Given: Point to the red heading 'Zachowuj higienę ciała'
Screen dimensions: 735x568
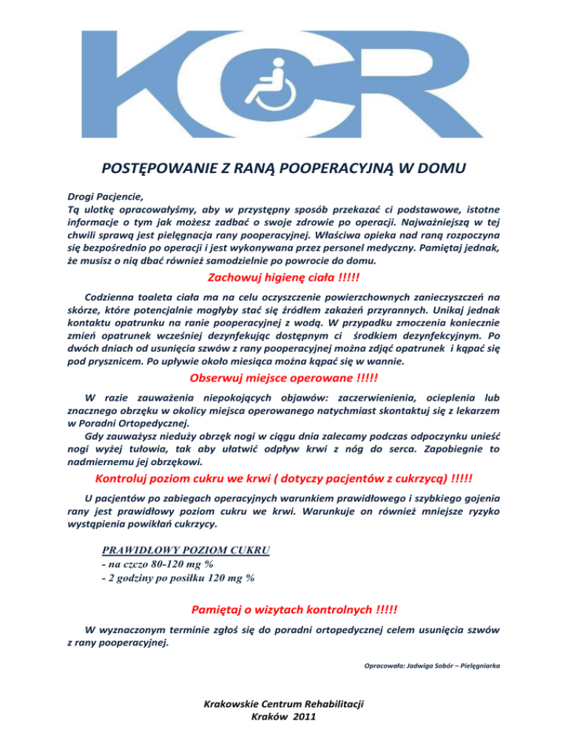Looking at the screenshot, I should tap(274, 277).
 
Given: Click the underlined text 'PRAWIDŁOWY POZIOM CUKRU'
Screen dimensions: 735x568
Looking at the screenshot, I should tap(186, 550).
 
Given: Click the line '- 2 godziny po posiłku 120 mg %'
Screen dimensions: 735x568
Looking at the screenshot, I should tap(177, 578).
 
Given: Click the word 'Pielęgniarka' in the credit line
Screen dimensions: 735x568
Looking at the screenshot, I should tap(481, 666).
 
